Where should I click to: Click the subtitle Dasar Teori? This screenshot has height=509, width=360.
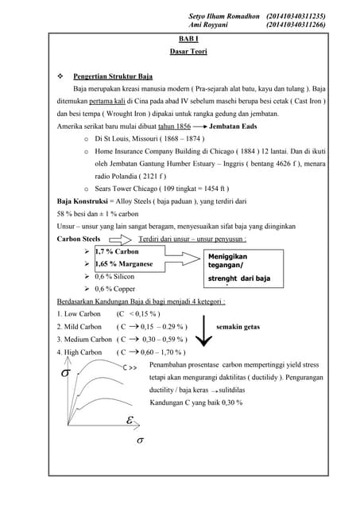point(184,51)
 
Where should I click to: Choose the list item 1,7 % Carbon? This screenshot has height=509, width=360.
point(116,251)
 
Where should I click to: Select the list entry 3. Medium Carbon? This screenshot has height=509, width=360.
point(79,339)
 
